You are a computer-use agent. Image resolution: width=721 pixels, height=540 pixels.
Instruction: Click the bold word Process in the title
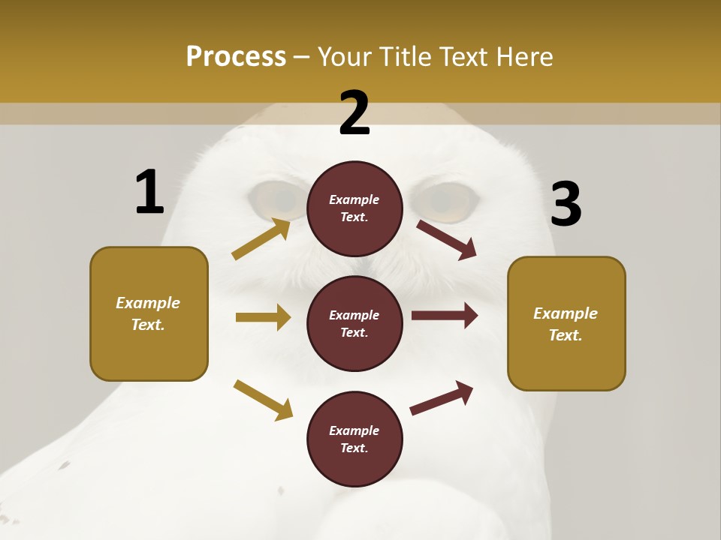236,57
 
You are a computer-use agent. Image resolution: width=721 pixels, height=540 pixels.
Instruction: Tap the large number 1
149,192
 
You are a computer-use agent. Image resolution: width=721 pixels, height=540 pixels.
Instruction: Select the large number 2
354,113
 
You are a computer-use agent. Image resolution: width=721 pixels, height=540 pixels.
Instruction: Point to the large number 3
566,204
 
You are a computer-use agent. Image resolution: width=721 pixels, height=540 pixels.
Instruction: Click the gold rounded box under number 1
149,313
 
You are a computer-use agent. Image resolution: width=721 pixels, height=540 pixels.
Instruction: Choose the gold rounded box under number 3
566,323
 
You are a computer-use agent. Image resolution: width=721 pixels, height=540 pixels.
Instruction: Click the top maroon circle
354,208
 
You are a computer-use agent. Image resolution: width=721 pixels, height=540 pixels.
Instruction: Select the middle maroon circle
354,323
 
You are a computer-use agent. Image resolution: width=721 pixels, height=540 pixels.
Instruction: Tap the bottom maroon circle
354,439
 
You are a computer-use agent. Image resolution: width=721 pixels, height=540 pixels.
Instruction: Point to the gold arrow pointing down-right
263,400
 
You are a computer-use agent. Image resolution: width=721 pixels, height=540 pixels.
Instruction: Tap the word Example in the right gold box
566,313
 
